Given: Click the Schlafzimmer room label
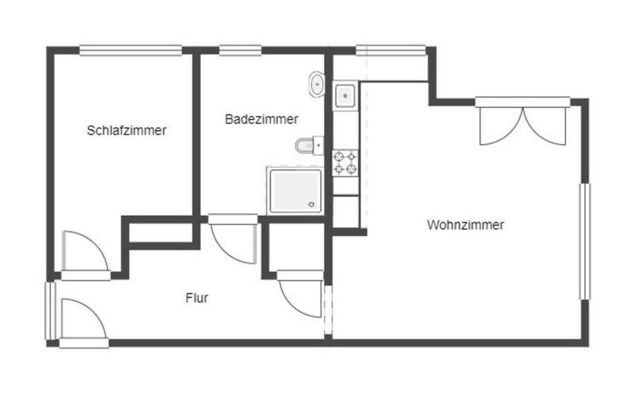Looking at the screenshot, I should coord(127,131).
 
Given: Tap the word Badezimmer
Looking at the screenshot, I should coord(261,119).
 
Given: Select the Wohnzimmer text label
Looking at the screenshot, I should coord(465,225).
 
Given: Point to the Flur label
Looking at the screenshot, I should coord(196,298).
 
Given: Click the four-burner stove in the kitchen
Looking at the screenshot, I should coord(345,163).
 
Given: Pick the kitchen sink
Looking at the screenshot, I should coord(345,94).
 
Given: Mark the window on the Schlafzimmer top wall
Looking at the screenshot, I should coord(131,50).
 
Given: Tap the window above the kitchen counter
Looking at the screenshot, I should coord(391,50).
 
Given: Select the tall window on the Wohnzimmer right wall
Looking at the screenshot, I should coord(585,241).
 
